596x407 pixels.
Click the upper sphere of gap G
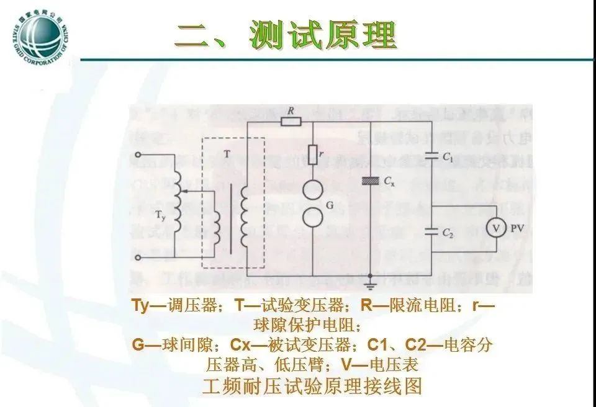point(312,187)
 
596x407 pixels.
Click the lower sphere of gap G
point(312,216)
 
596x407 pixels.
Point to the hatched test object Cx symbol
point(371,181)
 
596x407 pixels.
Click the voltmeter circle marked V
point(496,229)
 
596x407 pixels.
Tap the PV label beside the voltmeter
point(517,229)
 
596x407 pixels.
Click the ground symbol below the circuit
point(371,285)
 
